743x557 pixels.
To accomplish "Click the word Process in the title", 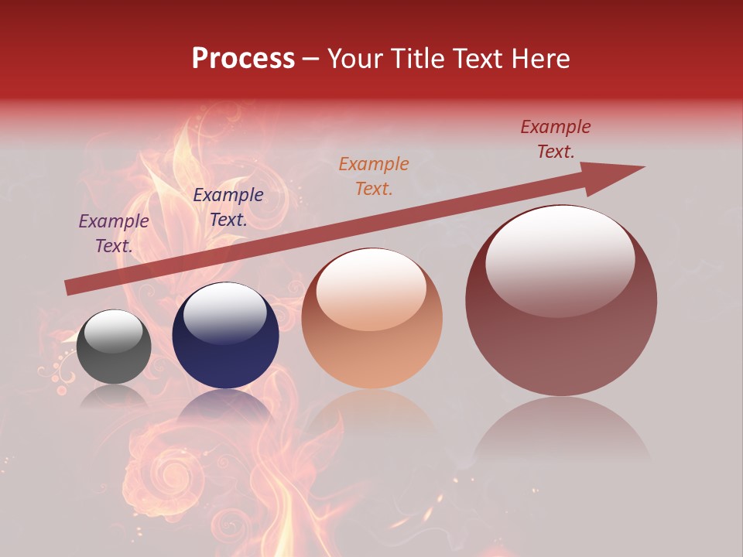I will [243, 59].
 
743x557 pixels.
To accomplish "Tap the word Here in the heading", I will [540, 59].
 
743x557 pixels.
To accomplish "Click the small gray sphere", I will [114, 347].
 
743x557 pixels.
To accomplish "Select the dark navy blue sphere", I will [225, 336].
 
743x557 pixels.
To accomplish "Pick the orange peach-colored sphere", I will [371, 319].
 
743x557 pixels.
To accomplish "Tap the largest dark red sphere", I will [561, 300].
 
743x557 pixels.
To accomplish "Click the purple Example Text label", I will [114, 234].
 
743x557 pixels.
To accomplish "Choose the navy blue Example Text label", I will [228, 207].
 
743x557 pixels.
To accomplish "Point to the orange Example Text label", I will [374, 176].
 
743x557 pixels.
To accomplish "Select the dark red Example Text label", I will [556, 139].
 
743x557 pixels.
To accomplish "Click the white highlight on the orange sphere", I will [371, 289].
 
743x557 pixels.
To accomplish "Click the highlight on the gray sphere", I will [114, 332].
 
